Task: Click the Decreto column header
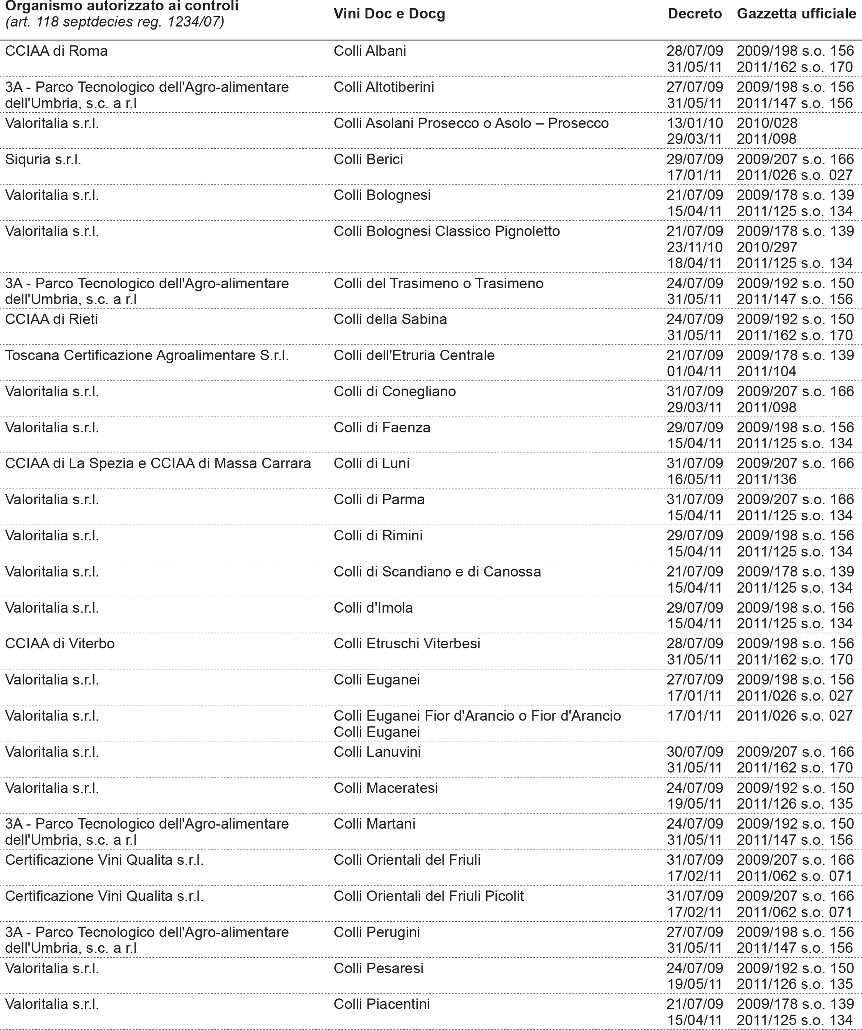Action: pos(695,14)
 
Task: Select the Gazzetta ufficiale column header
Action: pos(796,14)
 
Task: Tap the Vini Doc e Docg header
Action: pos(389,14)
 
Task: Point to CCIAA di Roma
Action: pos(56,51)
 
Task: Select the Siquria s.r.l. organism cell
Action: pos(43,159)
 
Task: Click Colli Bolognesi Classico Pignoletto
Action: pos(447,231)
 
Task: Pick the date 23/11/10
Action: pos(695,247)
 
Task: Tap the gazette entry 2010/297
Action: pos(767,247)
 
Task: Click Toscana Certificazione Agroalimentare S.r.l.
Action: pos(147,355)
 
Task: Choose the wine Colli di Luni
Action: pos(371,463)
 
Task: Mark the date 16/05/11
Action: pos(695,479)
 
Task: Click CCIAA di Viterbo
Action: pos(60,643)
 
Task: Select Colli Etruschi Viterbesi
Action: pos(407,643)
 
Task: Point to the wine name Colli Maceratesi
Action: pos(386,788)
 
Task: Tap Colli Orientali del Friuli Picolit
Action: pos(429,896)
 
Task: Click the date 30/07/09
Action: pos(695,752)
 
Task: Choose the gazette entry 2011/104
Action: pos(766,371)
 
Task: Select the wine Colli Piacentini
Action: pos(382,1004)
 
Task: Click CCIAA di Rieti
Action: pos(51,319)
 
